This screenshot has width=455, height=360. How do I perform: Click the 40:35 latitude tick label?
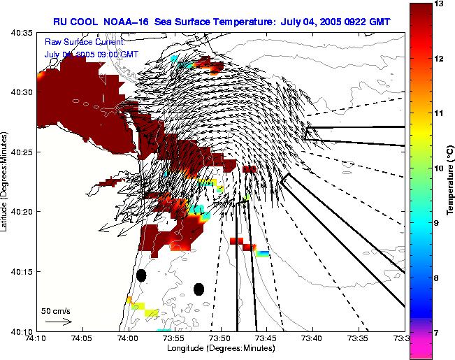pyautogui.click(x=22, y=32)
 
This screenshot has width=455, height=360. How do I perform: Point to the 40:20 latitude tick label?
pyautogui.click(x=22, y=211)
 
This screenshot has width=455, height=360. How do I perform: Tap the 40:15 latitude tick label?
pyautogui.click(x=22, y=271)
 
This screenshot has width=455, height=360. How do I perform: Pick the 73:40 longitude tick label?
pyautogui.click(x=312, y=338)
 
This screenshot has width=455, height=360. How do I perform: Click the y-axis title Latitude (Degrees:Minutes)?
pyautogui.click(x=6, y=182)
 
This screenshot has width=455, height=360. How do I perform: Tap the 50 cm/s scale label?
pyautogui.click(x=56, y=310)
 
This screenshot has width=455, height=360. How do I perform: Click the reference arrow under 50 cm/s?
pyautogui.click(x=58, y=322)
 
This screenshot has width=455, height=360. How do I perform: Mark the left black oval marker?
pyautogui.click(x=141, y=275)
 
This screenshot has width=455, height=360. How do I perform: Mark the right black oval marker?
pyautogui.click(x=198, y=289)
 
